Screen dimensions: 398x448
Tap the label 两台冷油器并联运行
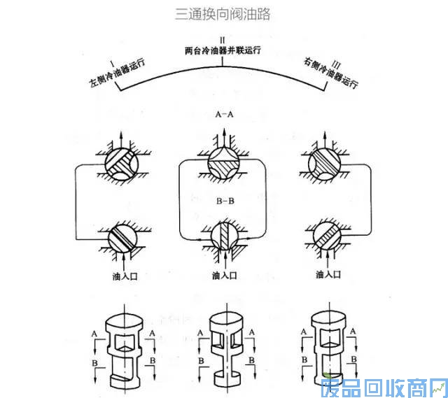(x=222, y=50)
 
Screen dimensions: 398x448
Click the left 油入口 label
(x=124, y=276)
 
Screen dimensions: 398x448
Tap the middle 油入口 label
(x=224, y=276)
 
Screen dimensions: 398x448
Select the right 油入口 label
(x=328, y=276)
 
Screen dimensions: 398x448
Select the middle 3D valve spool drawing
(x=223, y=346)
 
